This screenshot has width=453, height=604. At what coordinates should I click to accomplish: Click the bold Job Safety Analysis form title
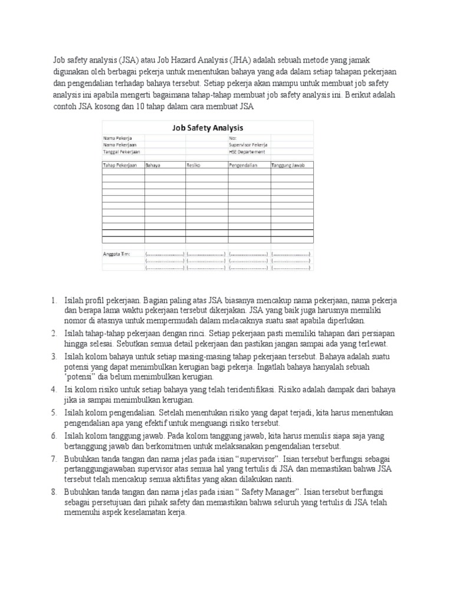click(208, 127)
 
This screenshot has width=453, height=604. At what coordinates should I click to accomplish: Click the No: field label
click(232, 138)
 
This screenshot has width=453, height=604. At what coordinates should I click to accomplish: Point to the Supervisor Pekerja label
click(248, 145)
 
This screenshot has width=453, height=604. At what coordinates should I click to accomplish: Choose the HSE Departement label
click(247, 152)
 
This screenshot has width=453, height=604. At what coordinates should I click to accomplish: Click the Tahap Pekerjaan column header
click(120, 165)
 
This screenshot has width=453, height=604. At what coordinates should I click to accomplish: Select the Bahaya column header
click(153, 165)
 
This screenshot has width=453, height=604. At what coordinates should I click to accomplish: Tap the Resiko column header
click(194, 165)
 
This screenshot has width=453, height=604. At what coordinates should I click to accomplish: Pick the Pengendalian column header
click(244, 165)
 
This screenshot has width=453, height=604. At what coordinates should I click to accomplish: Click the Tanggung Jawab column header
click(288, 165)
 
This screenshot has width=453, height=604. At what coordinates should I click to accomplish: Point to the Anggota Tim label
click(116, 254)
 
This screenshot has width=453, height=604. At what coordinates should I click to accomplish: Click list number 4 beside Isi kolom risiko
click(54, 390)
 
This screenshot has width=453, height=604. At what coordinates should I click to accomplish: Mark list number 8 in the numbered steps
click(54, 490)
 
